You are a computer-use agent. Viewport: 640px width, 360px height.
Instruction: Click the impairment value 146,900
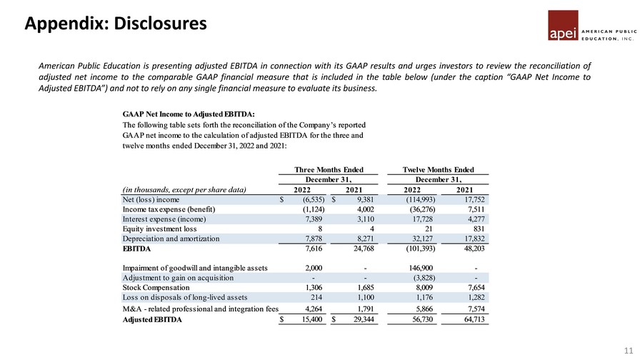418,268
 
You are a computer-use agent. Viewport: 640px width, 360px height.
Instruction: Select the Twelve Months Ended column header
439,169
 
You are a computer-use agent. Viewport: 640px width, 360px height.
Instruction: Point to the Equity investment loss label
160,229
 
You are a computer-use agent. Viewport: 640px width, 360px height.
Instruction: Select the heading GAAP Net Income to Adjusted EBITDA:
189,114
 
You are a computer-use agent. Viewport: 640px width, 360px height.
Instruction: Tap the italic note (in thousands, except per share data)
184,190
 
